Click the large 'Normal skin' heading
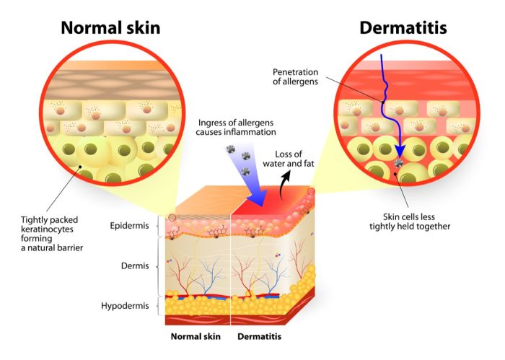pyautogui.click(x=110, y=27)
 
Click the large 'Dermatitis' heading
pyautogui.click(x=403, y=27)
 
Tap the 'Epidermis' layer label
pyautogui.click(x=129, y=225)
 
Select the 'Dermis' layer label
pyautogui.click(x=135, y=265)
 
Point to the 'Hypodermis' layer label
pyautogui.click(x=125, y=306)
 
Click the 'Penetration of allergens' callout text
pyautogui.click(x=295, y=76)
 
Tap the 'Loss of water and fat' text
pyautogui.click(x=289, y=159)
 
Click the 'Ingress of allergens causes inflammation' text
pyautogui.click(x=236, y=127)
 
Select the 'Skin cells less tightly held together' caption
pyautogui.click(x=410, y=221)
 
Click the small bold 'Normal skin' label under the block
pyautogui.click(x=196, y=336)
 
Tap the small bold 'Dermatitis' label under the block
pyautogui.click(x=259, y=336)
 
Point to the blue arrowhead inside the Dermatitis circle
pyautogui.click(x=400, y=151)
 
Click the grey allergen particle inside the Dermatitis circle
pyautogui.click(x=399, y=163)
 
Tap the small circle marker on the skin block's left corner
pyautogui.click(x=172, y=218)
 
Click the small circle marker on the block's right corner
pyautogui.click(x=311, y=192)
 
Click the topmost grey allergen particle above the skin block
pyautogui.click(x=231, y=149)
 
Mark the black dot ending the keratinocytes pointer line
pyautogui.click(x=81, y=167)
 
